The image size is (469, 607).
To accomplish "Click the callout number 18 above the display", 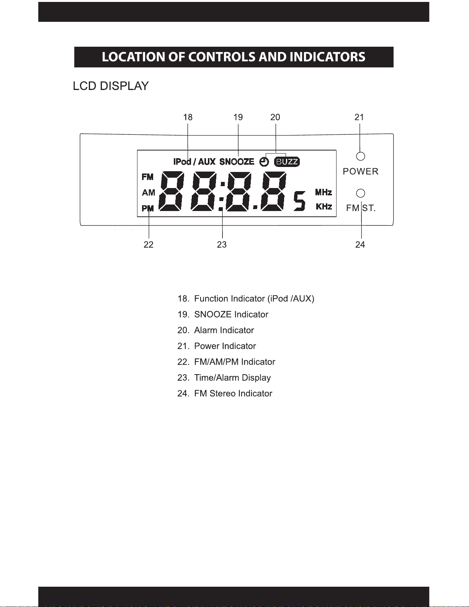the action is (x=188, y=117).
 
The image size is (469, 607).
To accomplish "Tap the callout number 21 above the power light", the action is (x=359, y=117).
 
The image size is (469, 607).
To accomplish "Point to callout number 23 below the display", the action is (x=222, y=245).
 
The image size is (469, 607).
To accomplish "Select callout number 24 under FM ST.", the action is (x=360, y=245).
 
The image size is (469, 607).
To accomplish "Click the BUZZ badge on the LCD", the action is (x=287, y=162).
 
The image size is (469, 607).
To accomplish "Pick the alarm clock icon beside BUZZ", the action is (x=264, y=162).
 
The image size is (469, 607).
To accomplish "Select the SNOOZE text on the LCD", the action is (x=237, y=162).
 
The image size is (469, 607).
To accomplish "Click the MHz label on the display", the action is (x=324, y=192).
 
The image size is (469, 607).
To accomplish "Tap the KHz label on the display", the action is (x=324, y=206).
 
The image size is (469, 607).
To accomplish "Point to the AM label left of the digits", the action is (x=149, y=193).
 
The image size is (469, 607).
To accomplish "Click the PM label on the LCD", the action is (x=148, y=208).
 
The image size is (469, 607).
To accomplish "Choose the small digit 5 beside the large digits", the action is (x=299, y=201).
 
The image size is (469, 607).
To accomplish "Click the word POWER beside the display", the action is (x=361, y=172).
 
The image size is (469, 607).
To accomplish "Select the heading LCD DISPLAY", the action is (x=111, y=86).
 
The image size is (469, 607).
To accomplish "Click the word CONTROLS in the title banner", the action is (x=222, y=57).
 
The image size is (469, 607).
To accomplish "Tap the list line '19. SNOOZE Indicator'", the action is (x=223, y=314).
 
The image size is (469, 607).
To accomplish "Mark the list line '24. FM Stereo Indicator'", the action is (x=225, y=394).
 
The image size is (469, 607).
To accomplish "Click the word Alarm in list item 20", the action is (x=206, y=330).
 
